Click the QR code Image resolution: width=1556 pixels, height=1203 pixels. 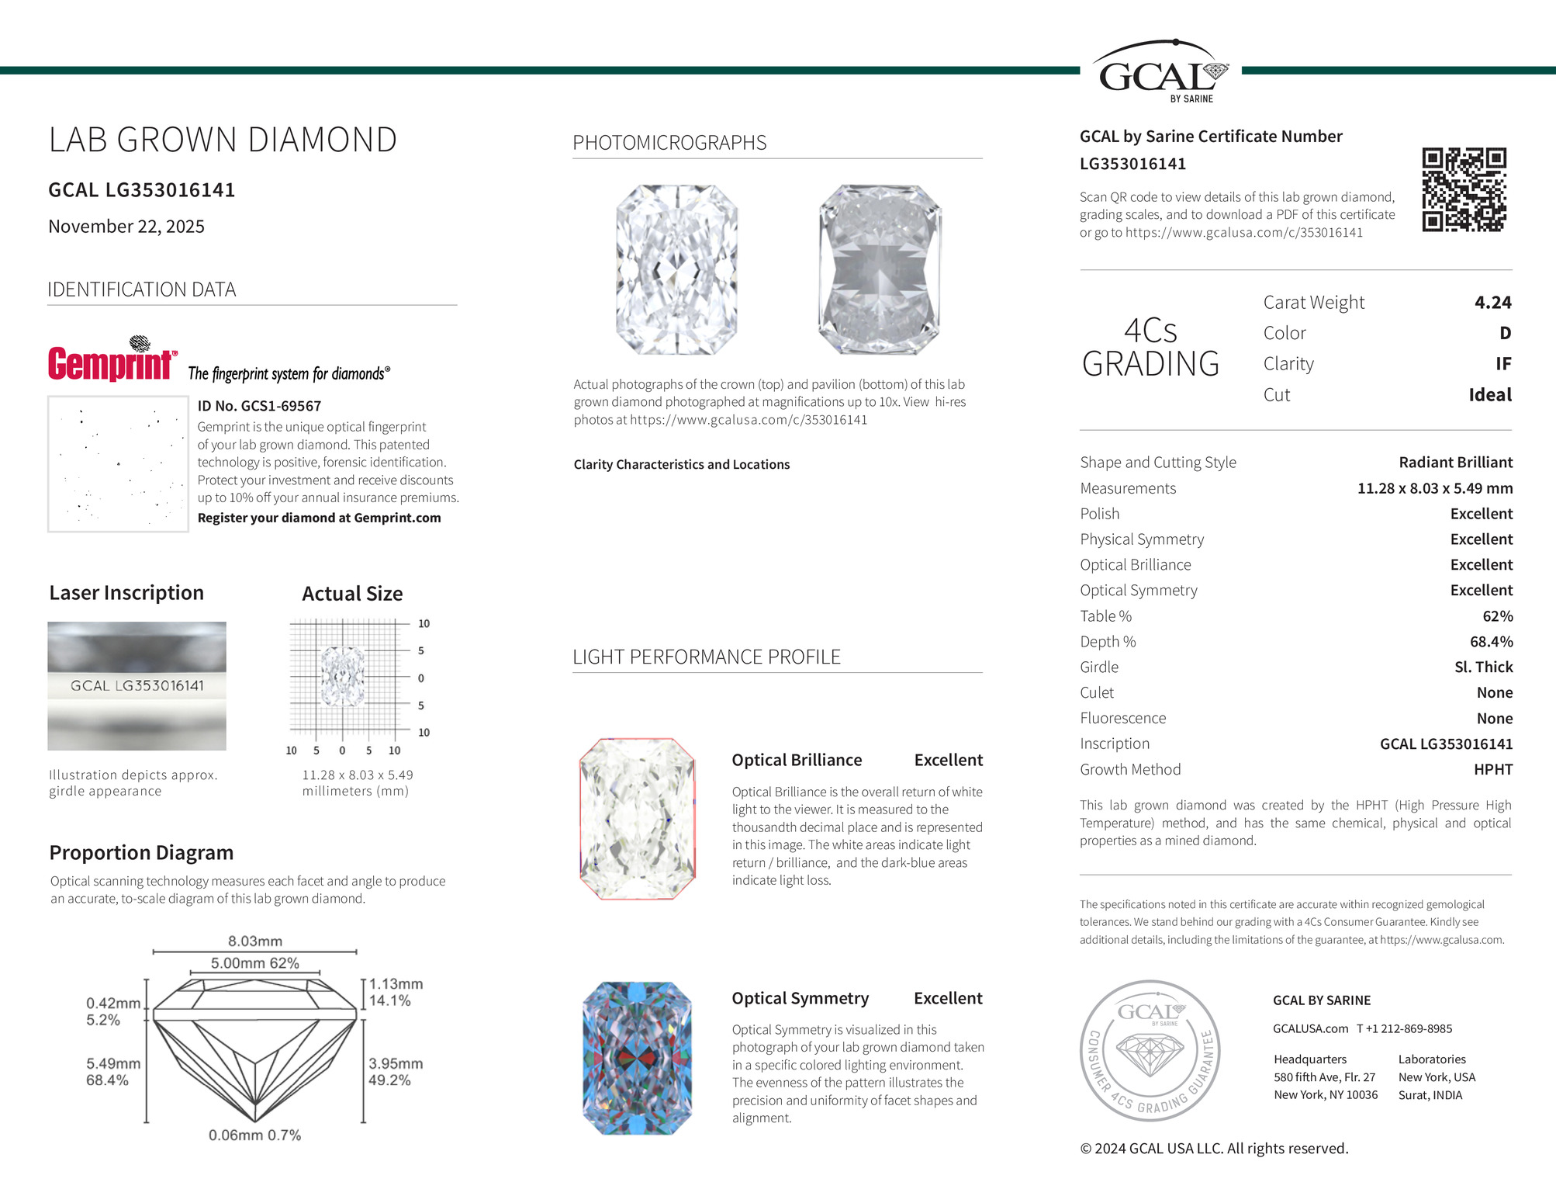pyautogui.click(x=1464, y=189)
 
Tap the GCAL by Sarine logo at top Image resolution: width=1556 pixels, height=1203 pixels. pyautogui.click(x=1160, y=72)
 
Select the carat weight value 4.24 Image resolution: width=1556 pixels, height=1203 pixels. pyautogui.click(x=1492, y=303)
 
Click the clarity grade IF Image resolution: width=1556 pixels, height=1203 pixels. pyautogui.click(x=1502, y=364)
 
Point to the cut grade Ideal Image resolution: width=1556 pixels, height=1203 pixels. pyautogui.click(x=1489, y=395)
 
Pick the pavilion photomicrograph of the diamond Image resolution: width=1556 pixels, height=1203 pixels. pyautogui.click(x=880, y=269)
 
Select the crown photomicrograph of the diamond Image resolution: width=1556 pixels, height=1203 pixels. pyautogui.click(x=676, y=269)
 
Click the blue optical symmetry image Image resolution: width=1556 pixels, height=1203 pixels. pyautogui.click(x=637, y=1058)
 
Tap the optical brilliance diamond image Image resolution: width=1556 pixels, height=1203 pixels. pyautogui.click(x=637, y=819)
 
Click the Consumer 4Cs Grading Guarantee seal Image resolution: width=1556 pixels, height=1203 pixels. pyautogui.click(x=1150, y=1051)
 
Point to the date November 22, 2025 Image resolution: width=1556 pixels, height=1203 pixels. pyautogui.click(x=126, y=227)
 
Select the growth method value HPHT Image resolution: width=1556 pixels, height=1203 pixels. pyautogui.click(x=1492, y=770)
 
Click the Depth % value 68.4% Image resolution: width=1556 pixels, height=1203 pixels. pyautogui.click(x=1491, y=642)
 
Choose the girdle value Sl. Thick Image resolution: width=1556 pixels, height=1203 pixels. pyautogui.click(x=1483, y=667)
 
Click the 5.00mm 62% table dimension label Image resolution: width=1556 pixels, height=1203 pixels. pyautogui.click(x=254, y=963)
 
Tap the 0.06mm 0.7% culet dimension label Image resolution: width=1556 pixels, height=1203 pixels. pyautogui.click(x=254, y=1135)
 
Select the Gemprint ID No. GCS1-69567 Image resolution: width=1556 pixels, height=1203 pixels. pyautogui.click(x=259, y=406)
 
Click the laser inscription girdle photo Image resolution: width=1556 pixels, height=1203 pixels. pyautogui.click(x=137, y=686)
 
